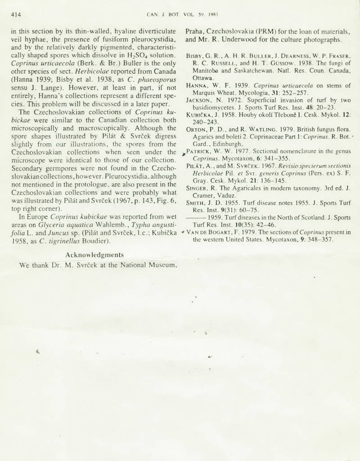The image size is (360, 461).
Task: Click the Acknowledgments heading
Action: point(94,255)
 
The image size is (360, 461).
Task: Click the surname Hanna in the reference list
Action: point(196,85)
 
